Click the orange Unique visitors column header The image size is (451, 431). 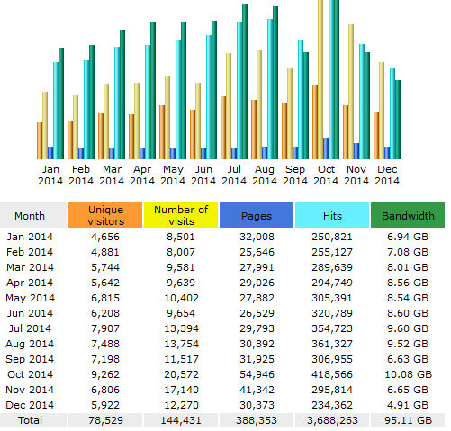pos(105,215)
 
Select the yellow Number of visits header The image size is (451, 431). pos(181,215)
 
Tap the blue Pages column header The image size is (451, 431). pos(257,215)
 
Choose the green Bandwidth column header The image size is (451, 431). pos(408,215)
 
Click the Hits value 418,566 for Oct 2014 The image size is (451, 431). pos(332,374)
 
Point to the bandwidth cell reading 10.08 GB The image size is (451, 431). pos(408,374)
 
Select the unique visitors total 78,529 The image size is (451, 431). pos(105,420)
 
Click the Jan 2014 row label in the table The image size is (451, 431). pos(30,237)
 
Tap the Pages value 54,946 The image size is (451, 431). pos(257,374)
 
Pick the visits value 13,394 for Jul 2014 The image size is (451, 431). pos(181,328)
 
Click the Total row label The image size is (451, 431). pos(30,420)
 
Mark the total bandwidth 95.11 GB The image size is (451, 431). pos(408,420)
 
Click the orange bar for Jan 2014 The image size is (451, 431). pos(40,140)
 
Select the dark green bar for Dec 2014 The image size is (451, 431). pos(398,120)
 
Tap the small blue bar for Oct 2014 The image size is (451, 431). pos(326,148)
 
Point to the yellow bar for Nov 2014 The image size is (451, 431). pos(351,92)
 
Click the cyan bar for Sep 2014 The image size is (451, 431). pos(301,99)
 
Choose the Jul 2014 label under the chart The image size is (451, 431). pos(234,175)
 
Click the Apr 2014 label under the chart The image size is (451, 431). pos(142,175)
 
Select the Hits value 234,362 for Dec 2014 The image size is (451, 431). pos(332,405)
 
